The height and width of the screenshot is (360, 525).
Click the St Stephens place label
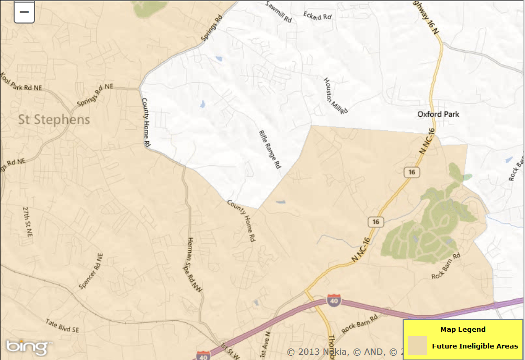54,120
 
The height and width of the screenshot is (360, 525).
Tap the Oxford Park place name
438,114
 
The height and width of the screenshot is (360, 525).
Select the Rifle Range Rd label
270,149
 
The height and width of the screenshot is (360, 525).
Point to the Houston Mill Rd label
335,96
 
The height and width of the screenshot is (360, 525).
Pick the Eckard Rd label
317,16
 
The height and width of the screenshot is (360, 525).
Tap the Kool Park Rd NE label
21,81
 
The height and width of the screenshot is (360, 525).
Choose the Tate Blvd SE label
62,326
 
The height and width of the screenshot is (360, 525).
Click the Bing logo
28,346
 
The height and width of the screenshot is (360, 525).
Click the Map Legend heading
463,330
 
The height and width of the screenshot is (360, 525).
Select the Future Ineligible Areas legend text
475,346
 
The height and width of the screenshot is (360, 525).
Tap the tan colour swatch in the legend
417,346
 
